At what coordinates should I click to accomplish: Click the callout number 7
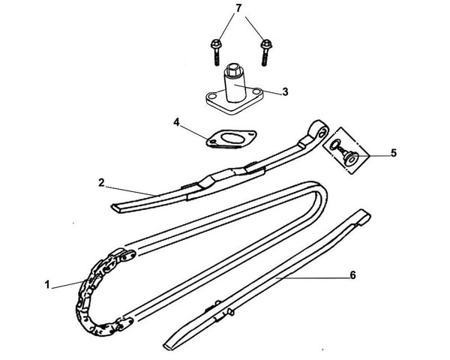pos(239,8)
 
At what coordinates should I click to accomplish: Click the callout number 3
pos(285,92)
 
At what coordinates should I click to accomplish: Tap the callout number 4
pos(175,121)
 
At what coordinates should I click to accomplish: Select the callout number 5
pos(393,154)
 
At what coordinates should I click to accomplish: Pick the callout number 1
pos(46,284)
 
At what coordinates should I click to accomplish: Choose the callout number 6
pos(352,274)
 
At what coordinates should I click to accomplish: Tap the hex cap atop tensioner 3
pos(232,70)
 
